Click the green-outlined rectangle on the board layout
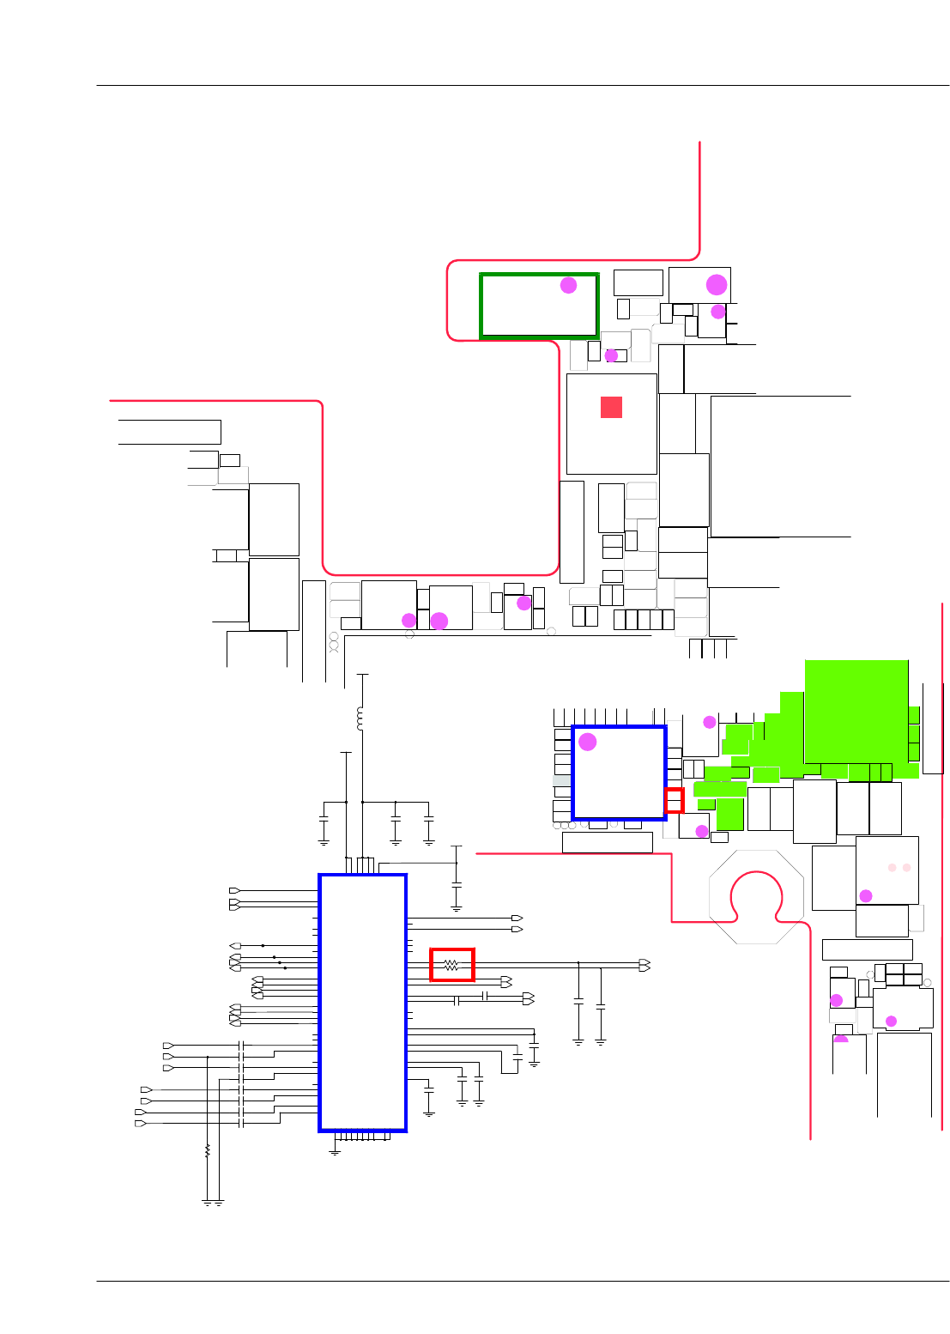tap(539, 306)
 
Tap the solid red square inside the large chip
tap(611, 407)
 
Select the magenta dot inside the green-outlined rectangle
tap(568, 285)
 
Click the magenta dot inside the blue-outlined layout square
tap(588, 742)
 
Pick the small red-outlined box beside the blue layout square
tap(675, 800)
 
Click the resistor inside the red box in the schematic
tap(452, 965)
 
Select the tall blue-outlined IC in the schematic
tap(363, 1003)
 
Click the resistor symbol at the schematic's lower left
tap(208, 1150)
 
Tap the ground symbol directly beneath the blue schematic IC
tap(335, 1151)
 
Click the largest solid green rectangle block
tap(856, 711)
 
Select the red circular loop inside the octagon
tap(756, 897)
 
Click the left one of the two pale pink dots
tap(893, 868)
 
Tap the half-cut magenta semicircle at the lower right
tap(841, 1039)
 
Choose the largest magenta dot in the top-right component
tap(717, 284)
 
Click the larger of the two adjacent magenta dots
tap(439, 621)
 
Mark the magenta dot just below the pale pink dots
tap(866, 896)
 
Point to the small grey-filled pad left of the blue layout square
tap(562, 781)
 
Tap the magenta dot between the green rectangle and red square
tap(611, 355)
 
